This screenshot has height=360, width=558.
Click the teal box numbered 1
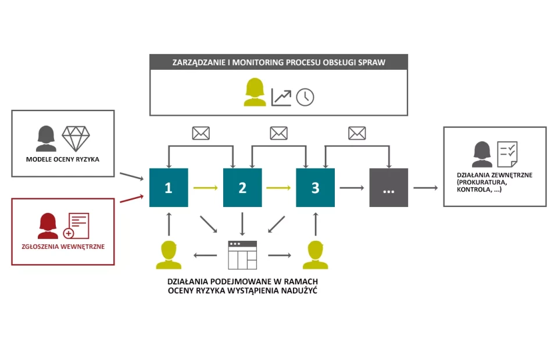coord(169,187)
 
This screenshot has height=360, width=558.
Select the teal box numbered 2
coord(242,187)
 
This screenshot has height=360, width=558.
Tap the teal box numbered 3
coord(315,187)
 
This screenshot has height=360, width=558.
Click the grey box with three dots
coord(388,187)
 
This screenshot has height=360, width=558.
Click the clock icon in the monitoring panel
coord(305,97)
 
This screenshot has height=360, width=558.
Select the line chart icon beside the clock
coord(281,97)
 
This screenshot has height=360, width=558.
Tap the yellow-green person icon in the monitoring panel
coord(254,93)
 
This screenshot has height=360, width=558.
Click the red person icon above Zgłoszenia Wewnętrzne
coord(48,226)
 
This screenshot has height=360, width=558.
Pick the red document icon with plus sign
coord(78,226)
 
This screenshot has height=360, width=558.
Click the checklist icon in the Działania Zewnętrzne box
coord(506,154)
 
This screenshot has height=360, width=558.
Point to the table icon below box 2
coord(242,255)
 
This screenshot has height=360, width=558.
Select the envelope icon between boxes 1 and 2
coord(201,133)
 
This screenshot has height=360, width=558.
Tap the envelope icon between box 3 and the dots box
coord(357,133)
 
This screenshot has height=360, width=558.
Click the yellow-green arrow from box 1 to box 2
coord(205,188)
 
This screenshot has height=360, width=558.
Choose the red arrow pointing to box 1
coord(131,198)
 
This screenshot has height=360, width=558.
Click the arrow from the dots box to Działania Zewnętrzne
coord(425,188)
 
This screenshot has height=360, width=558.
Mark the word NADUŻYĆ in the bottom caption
coord(298,291)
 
